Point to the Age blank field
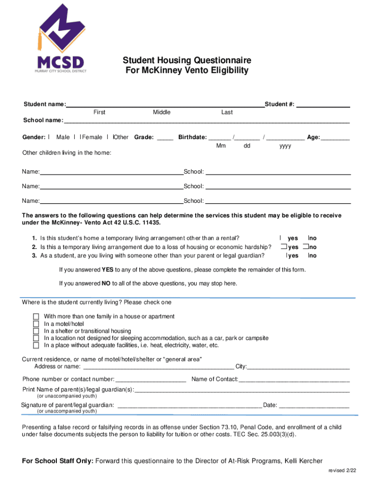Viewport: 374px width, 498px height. [x=335, y=137]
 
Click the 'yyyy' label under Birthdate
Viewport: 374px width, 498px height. [x=285, y=146]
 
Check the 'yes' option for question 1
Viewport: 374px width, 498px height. [x=281, y=238]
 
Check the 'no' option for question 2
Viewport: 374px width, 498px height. [x=305, y=247]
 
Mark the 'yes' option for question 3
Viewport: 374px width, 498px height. [x=288, y=256]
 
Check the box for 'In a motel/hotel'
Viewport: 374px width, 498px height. [x=36, y=324]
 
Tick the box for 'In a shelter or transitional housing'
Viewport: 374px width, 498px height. [x=36, y=331]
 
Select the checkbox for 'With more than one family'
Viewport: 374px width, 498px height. [x=36, y=317]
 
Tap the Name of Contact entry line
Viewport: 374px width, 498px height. [x=294, y=379]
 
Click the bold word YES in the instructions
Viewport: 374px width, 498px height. [x=107, y=269]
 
